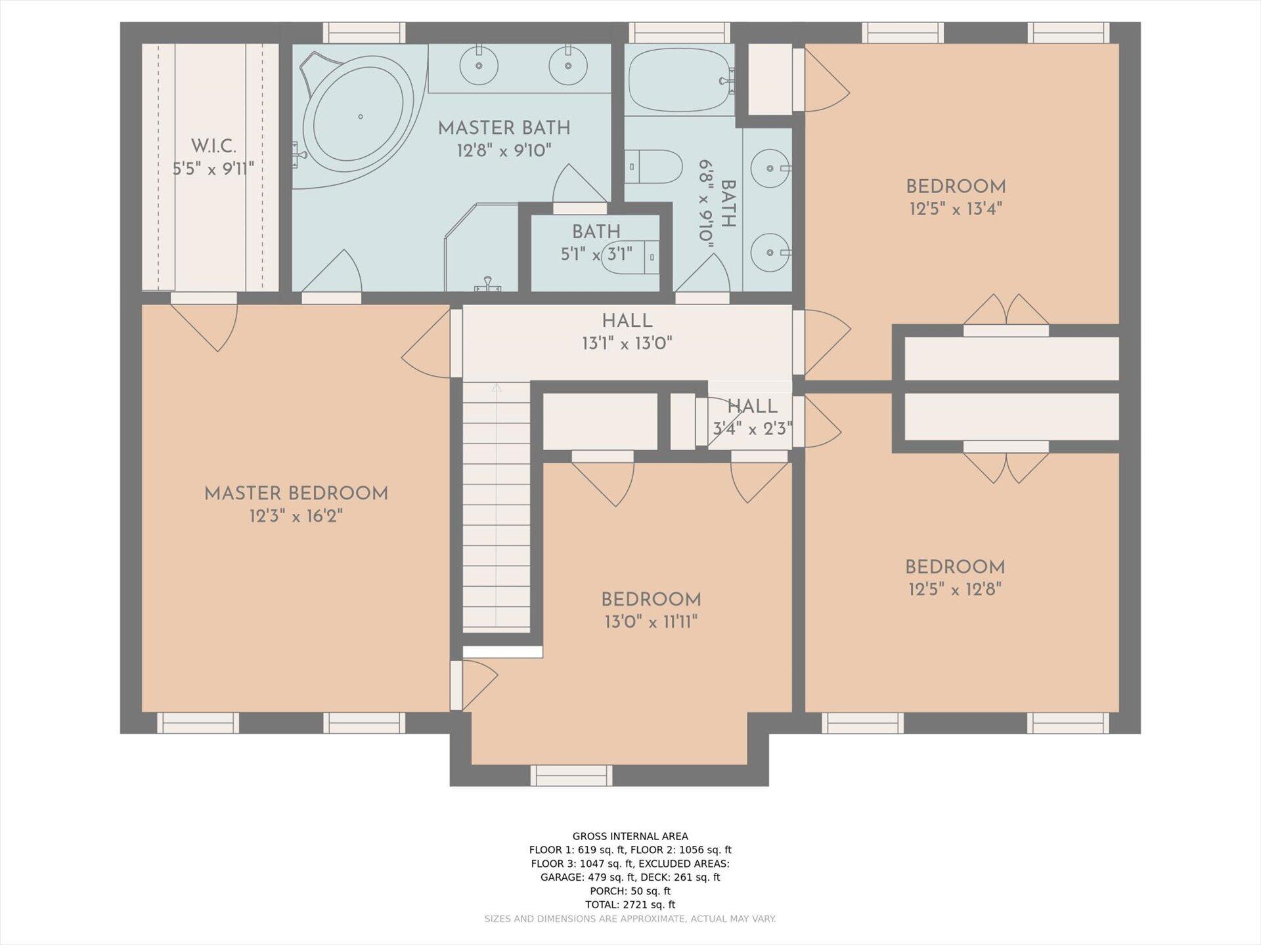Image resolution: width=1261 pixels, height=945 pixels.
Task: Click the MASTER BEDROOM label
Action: point(296,493)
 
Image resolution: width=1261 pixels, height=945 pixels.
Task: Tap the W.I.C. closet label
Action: point(213,146)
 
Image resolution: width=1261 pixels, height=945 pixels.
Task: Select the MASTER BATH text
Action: point(504,128)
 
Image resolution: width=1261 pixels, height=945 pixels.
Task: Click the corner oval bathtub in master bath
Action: point(358,118)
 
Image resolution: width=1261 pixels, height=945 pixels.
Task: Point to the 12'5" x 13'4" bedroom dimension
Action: point(956,209)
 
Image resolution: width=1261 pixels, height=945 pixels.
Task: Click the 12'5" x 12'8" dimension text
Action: point(955,589)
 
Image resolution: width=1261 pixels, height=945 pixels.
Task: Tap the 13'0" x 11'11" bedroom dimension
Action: point(651,621)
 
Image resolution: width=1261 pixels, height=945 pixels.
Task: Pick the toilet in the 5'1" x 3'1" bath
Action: point(630,256)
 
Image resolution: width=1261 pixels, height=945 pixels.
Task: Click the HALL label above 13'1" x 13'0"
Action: point(627,321)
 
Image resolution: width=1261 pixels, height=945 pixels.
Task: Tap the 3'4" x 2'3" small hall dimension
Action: point(753,429)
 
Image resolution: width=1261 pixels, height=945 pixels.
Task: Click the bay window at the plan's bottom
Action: point(571,776)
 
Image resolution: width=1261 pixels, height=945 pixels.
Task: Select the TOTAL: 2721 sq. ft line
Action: point(630,904)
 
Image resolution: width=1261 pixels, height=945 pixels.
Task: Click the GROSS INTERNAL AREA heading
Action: point(630,836)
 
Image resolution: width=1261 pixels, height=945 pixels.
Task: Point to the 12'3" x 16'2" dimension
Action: point(296,516)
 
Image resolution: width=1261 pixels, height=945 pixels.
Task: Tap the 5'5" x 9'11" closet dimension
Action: point(213,169)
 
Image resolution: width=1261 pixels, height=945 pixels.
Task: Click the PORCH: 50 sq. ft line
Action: point(630,891)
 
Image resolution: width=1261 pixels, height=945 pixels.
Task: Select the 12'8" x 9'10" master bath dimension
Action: point(504,151)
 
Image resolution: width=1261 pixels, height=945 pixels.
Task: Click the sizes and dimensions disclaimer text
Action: point(630,919)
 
